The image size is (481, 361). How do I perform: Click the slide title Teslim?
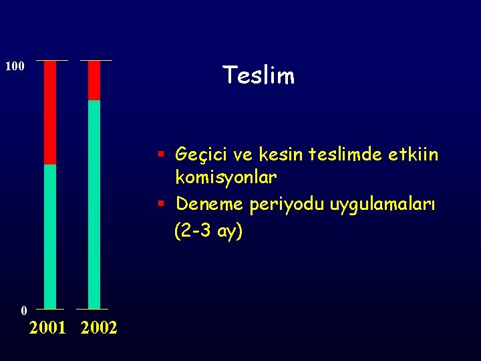click(x=258, y=76)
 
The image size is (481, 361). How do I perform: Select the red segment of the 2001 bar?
click(x=50, y=112)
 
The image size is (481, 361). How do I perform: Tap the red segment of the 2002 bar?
click(x=94, y=80)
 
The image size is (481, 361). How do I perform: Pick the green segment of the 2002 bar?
click(x=94, y=204)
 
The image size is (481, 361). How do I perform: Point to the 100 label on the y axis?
click(x=15, y=66)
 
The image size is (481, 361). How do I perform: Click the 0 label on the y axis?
click(x=24, y=310)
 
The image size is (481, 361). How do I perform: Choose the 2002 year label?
click(x=98, y=328)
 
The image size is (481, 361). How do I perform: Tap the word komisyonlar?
click(x=225, y=178)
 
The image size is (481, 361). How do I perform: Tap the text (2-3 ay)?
click(x=208, y=231)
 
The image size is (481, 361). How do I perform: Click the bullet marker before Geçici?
click(x=162, y=155)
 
